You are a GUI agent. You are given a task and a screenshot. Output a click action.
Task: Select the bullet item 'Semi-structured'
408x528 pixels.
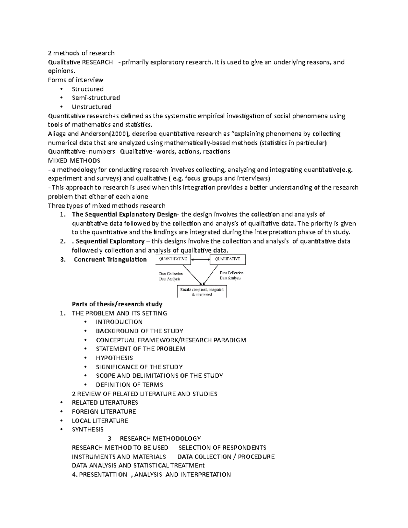[96, 98]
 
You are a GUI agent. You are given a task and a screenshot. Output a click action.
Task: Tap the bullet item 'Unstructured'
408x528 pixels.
[91, 107]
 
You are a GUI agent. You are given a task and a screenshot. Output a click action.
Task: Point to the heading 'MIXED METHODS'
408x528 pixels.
[74, 160]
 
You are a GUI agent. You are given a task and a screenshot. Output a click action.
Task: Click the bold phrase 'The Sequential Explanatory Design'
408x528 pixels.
[124, 215]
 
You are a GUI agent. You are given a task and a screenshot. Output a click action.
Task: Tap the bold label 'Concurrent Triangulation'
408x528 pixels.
[110, 260]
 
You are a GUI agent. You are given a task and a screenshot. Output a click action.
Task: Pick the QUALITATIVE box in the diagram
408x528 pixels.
[228, 259]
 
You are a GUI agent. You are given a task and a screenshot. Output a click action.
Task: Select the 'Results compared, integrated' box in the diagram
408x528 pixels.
[202, 291]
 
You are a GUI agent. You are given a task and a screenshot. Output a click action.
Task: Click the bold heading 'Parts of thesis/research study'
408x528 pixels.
[117, 304]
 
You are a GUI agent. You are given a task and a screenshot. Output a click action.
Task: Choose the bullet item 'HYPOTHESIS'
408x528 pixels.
[114, 358]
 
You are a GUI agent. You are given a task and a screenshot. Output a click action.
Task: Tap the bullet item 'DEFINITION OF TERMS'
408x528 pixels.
[129, 385]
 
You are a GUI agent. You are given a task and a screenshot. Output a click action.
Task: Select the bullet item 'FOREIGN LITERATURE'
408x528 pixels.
[104, 412]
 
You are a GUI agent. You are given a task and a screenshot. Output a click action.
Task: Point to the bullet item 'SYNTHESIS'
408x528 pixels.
[88, 430]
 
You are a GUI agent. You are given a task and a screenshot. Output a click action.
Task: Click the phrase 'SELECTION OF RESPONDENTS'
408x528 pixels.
[222, 448]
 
